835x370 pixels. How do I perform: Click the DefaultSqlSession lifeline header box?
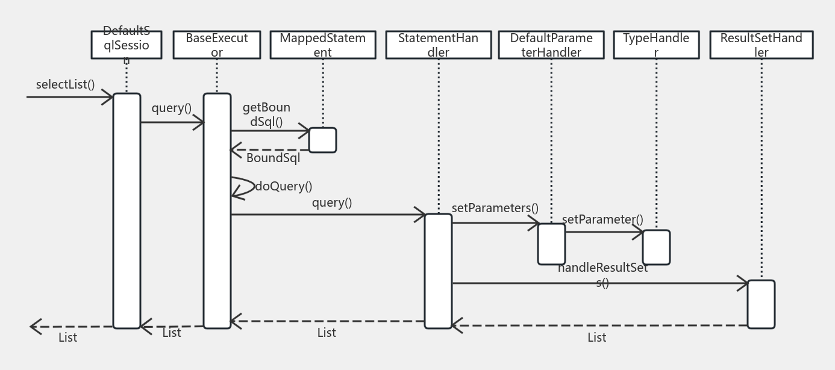(x=127, y=45)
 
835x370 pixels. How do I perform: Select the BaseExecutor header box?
(x=217, y=45)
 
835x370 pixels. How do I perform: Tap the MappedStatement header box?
(x=323, y=45)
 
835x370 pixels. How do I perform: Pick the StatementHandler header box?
(x=439, y=45)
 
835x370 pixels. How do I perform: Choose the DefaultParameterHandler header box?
(x=551, y=45)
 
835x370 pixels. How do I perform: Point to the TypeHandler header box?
(x=656, y=45)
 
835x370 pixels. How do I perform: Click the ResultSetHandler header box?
(x=762, y=45)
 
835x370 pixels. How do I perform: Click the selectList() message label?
(x=66, y=84)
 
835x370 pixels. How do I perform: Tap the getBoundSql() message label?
(x=266, y=114)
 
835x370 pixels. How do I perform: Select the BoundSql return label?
(x=273, y=158)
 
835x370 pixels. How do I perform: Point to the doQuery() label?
(x=284, y=186)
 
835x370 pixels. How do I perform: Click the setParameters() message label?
(x=495, y=208)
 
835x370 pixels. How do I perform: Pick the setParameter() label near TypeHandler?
(x=602, y=219)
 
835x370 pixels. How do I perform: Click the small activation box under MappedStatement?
(x=323, y=140)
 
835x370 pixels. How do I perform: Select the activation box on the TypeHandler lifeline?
(x=656, y=247)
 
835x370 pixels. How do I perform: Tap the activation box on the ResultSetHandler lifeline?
(x=762, y=304)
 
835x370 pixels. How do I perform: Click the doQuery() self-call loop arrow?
(x=243, y=187)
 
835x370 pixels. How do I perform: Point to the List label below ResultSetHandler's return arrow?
(x=597, y=337)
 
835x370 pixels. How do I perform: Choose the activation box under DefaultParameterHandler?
(x=551, y=244)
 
